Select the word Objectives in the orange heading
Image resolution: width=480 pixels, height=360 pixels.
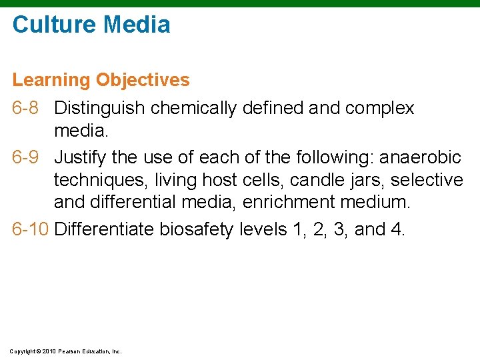143,80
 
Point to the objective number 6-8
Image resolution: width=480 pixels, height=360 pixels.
28,108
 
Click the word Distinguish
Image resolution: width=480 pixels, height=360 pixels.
100,108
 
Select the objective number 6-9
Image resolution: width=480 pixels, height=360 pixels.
28,157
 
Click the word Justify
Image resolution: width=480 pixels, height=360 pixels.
77,157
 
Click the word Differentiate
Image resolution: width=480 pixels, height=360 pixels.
105,229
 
